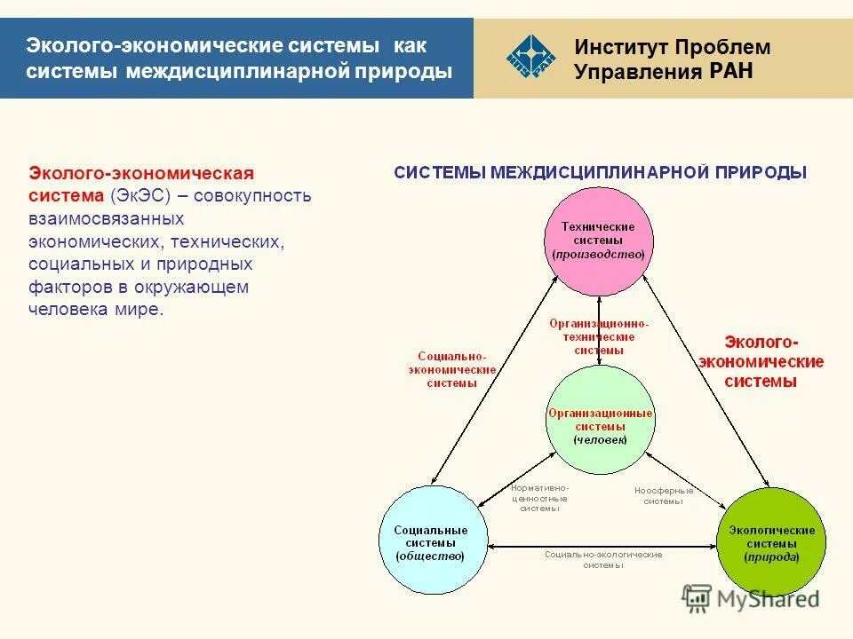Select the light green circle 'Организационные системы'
[600, 419]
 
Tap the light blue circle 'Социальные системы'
[434, 540]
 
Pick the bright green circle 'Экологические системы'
[769, 540]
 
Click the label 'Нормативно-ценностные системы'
[539, 498]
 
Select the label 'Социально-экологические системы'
[603, 559]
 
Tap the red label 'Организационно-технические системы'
[598, 336]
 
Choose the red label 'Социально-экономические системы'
[451, 369]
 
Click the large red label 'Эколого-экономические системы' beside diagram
[761, 362]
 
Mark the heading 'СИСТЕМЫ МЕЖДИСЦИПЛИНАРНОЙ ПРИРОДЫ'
[600, 173]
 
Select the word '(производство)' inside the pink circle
[598, 254]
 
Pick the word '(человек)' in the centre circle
[600, 439]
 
